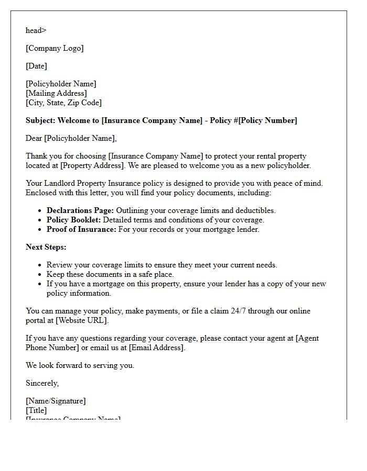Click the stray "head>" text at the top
click(36, 30)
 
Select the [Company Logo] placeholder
click(55, 48)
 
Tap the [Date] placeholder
click(36, 66)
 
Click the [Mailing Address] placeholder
click(56, 93)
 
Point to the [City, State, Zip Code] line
click(63, 103)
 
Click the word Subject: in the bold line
click(40, 120)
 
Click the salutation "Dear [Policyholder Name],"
click(71, 138)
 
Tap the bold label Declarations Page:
click(80, 210)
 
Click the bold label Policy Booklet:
click(73, 220)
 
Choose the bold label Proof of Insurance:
click(81, 229)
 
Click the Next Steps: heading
click(46, 247)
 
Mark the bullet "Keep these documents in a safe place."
click(110, 274)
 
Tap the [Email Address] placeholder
click(156, 347)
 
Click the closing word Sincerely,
click(42, 383)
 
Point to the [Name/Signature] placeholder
click(56, 401)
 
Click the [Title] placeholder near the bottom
click(36, 410)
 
